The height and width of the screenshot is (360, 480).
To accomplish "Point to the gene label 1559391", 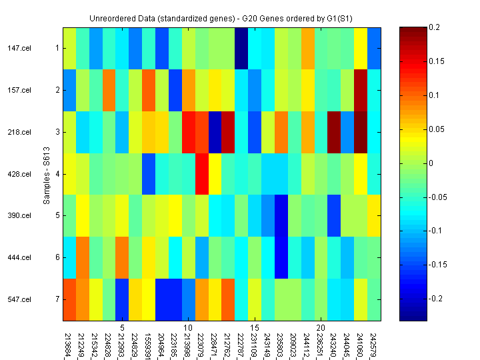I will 148,339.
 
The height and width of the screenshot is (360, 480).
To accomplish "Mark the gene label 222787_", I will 241,339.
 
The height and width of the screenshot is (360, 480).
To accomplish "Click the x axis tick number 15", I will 254,328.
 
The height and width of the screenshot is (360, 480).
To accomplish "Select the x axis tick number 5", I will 122,328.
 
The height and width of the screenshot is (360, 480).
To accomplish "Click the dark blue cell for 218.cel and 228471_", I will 215,132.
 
